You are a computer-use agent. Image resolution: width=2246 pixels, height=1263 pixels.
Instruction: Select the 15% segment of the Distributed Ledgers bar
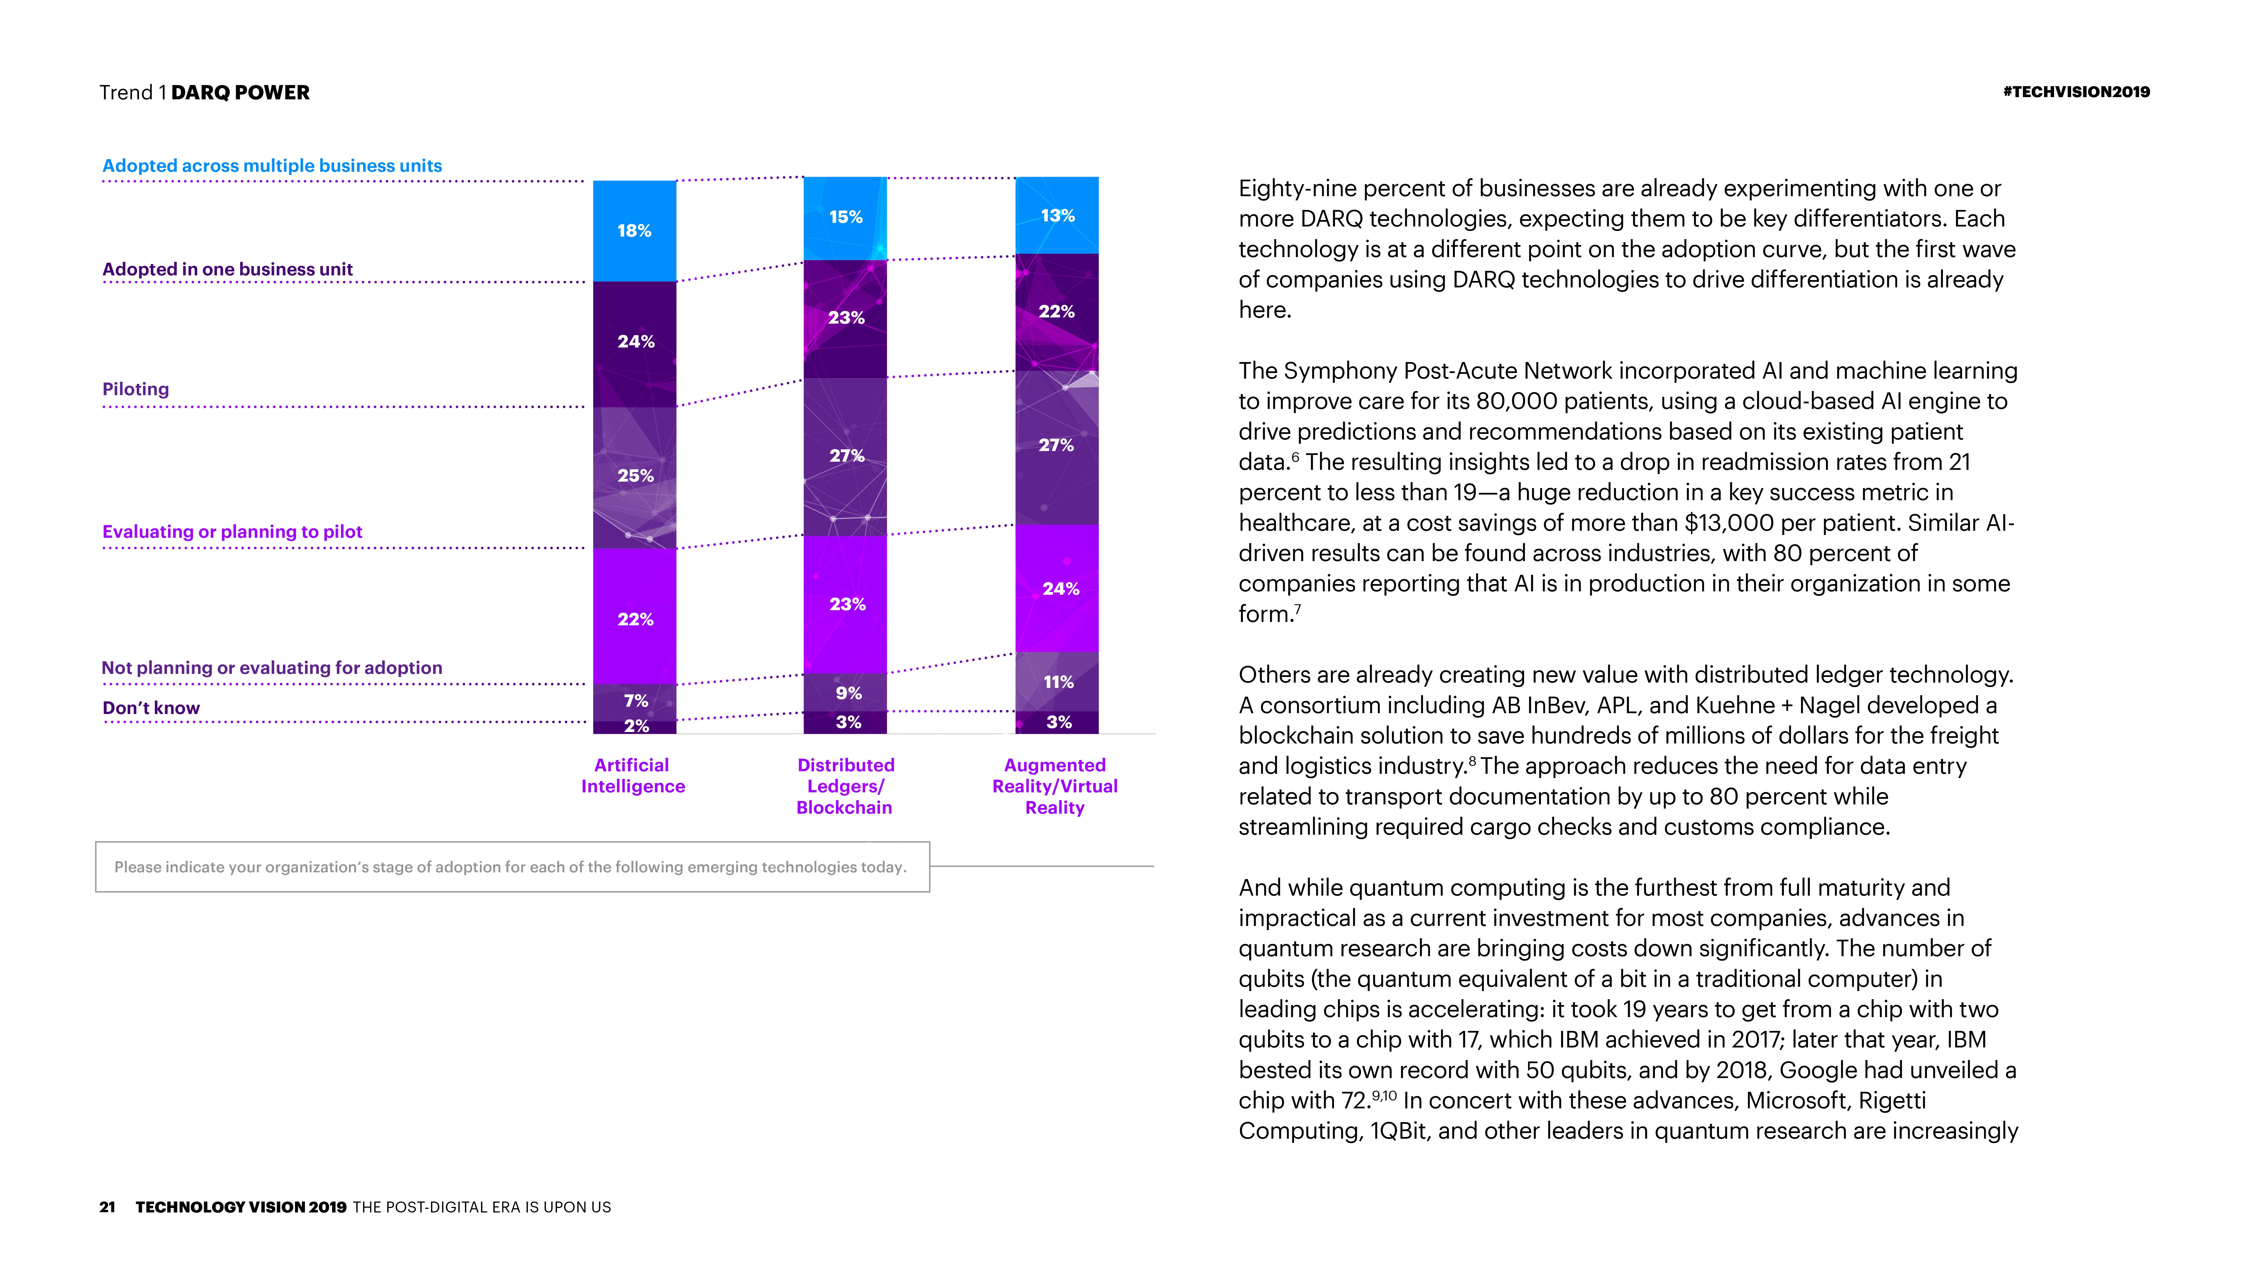tap(845, 217)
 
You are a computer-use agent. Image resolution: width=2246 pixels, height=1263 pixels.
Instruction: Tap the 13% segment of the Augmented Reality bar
tap(1057, 215)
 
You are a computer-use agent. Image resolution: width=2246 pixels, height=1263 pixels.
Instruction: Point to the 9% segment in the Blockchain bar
tap(848, 693)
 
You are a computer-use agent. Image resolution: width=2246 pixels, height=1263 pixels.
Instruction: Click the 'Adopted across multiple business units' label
tap(272, 166)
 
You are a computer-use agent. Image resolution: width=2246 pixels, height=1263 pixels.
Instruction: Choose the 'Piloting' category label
tap(136, 389)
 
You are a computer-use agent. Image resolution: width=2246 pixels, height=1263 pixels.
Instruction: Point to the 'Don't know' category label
tap(151, 708)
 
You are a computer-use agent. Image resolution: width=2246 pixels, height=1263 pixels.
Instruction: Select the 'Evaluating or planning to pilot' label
tap(232, 532)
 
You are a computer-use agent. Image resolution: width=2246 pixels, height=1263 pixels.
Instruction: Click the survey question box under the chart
tap(512, 866)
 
